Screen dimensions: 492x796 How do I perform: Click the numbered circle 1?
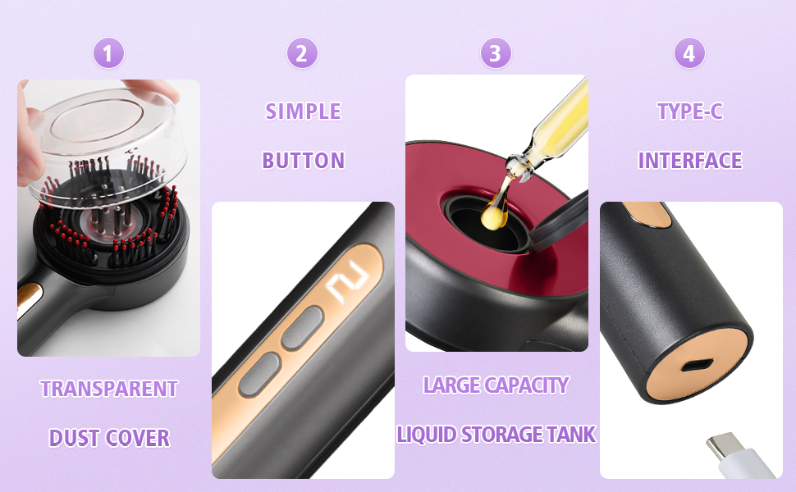[x=108, y=54]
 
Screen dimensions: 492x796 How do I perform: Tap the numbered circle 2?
[x=302, y=54]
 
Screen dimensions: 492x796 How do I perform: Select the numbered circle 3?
[x=495, y=54]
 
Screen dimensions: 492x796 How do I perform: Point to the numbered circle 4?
[x=689, y=54]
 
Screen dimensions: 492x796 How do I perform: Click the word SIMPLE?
[x=303, y=112]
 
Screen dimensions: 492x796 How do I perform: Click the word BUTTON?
[x=303, y=161]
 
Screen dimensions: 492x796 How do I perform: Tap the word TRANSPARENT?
[x=109, y=389]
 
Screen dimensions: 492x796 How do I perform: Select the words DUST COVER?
[x=109, y=438]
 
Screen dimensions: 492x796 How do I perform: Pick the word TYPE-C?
[x=690, y=112]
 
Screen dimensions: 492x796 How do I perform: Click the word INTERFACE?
[x=690, y=161]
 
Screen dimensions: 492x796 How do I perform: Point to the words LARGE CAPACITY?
[x=496, y=385]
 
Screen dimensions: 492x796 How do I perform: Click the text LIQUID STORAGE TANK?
[x=496, y=434]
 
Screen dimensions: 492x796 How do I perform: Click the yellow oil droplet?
[x=492, y=216]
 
